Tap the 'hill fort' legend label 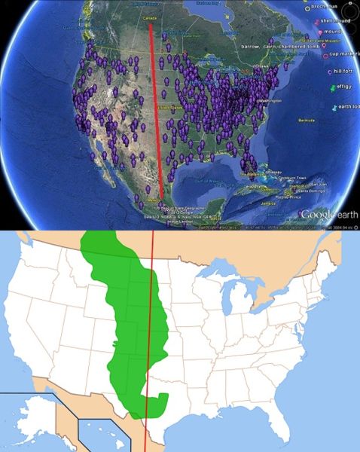tap(346, 72)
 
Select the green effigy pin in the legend tap(334, 89)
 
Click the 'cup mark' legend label tap(346, 55)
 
